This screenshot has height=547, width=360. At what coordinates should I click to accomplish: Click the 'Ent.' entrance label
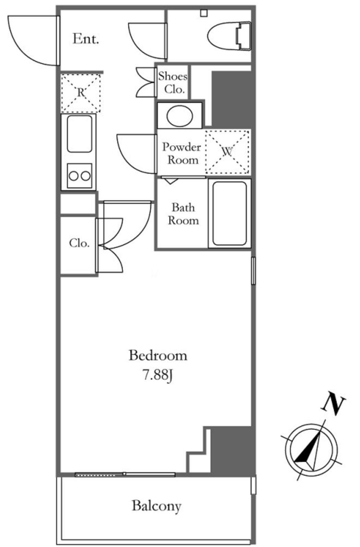(x=86, y=38)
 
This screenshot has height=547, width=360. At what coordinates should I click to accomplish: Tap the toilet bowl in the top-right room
(x=229, y=36)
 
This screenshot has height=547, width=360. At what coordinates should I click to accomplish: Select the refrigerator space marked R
(x=81, y=93)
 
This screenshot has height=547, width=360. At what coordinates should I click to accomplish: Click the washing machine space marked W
(x=228, y=152)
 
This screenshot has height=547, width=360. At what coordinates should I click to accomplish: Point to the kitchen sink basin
(x=80, y=134)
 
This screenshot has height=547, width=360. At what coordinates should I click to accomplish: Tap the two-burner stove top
(x=80, y=176)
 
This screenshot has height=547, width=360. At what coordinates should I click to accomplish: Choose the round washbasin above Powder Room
(x=180, y=116)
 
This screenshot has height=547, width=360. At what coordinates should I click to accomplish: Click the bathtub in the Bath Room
(x=229, y=213)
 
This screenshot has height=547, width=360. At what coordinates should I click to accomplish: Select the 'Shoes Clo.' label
(x=173, y=83)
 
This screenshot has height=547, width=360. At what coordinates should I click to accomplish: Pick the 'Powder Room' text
(x=182, y=153)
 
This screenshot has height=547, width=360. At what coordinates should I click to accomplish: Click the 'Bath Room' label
(x=183, y=214)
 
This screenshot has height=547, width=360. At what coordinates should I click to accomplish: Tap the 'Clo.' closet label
(x=79, y=243)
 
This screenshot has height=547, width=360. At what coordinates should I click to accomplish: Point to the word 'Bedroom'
(x=158, y=356)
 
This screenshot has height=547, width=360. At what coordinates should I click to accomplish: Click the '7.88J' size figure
(x=158, y=375)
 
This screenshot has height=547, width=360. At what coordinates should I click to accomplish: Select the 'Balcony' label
(x=157, y=506)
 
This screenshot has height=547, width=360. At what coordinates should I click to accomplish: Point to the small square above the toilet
(x=204, y=13)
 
